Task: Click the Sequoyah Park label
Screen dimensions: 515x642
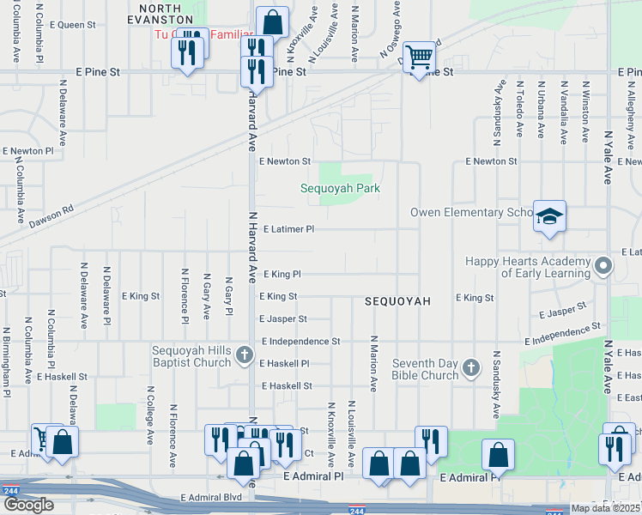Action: tap(340, 188)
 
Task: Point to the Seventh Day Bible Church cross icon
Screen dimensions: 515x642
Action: tap(470, 367)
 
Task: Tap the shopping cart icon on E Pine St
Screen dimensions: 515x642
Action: tap(419, 57)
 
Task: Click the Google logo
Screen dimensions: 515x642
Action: tap(28, 505)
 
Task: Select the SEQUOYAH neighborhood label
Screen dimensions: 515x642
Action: tap(397, 301)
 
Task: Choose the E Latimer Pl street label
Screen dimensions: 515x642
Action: tap(289, 229)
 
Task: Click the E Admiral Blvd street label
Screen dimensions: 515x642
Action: tap(213, 497)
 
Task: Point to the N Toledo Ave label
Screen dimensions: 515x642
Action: tap(519, 109)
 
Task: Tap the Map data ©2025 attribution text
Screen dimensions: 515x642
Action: tap(605, 508)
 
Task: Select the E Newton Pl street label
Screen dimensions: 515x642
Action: tap(28, 150)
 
